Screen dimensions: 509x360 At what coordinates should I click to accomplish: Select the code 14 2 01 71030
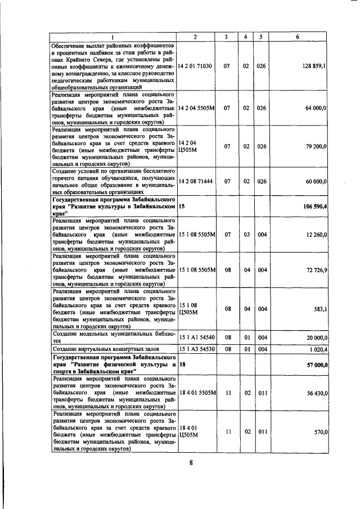(195, 66)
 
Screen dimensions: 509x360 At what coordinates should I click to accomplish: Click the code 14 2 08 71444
(195, 182)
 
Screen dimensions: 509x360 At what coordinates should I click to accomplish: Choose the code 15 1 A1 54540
(195, 337)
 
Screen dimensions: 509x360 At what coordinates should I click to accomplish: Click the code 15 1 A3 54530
(195, 349)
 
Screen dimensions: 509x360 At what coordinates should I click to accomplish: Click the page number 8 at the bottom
(191, 463)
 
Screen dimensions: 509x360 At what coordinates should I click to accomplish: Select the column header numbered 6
(298, 37)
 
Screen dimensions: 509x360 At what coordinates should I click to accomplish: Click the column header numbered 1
(112, 37)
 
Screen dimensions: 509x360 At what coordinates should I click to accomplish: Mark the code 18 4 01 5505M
(195, 394)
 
